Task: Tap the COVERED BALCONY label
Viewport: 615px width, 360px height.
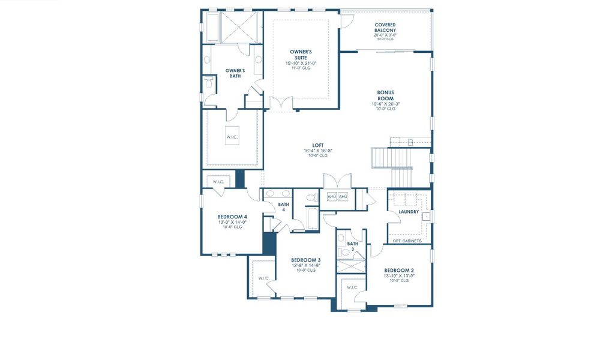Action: [x=385, y=28]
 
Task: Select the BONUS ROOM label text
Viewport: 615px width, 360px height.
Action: [x=385, y=95]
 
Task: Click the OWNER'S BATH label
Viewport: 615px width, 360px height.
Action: [x=235, y=73]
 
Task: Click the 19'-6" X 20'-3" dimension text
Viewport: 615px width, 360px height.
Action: [x=385, y=104]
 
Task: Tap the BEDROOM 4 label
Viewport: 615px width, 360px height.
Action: [x=232, y=217]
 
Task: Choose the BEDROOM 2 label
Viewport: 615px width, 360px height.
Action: [x=399, y=270]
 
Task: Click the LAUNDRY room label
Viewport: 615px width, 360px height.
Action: [x=409, y=212]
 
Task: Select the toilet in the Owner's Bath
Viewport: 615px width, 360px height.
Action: [x=208, y=82]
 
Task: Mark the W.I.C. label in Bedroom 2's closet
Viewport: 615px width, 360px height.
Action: [x=352, y=287]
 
